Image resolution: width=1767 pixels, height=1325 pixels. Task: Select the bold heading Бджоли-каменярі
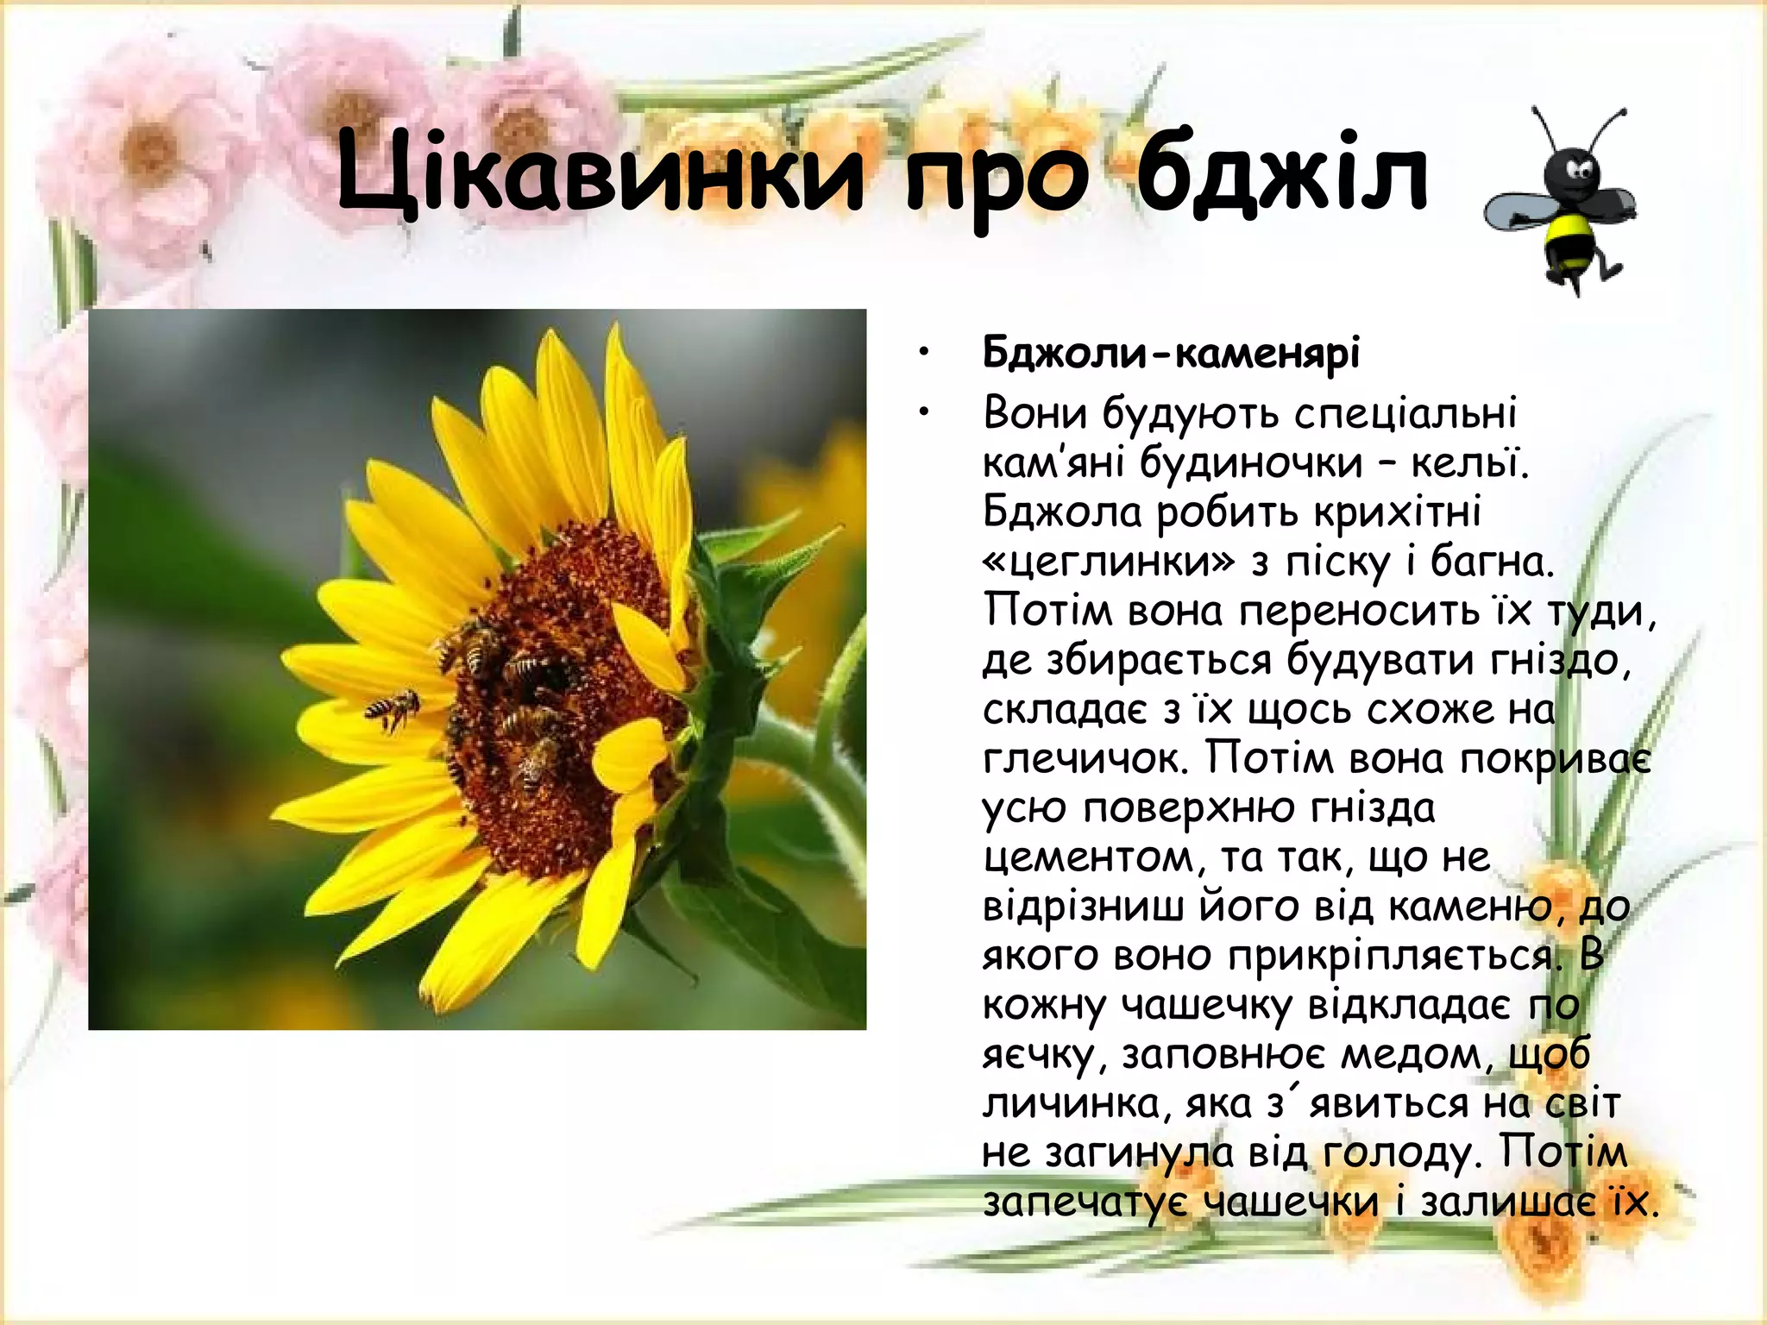click(1171, 353)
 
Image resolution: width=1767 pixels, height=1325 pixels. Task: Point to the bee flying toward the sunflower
click(393, 710)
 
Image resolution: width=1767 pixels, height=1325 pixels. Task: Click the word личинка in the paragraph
click(1070, 1104)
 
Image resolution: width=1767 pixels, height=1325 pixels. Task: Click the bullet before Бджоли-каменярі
click(924, 353)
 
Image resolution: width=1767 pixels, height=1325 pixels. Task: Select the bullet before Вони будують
click(924, 414)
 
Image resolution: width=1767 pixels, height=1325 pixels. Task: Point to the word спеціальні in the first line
click(1405, 413)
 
